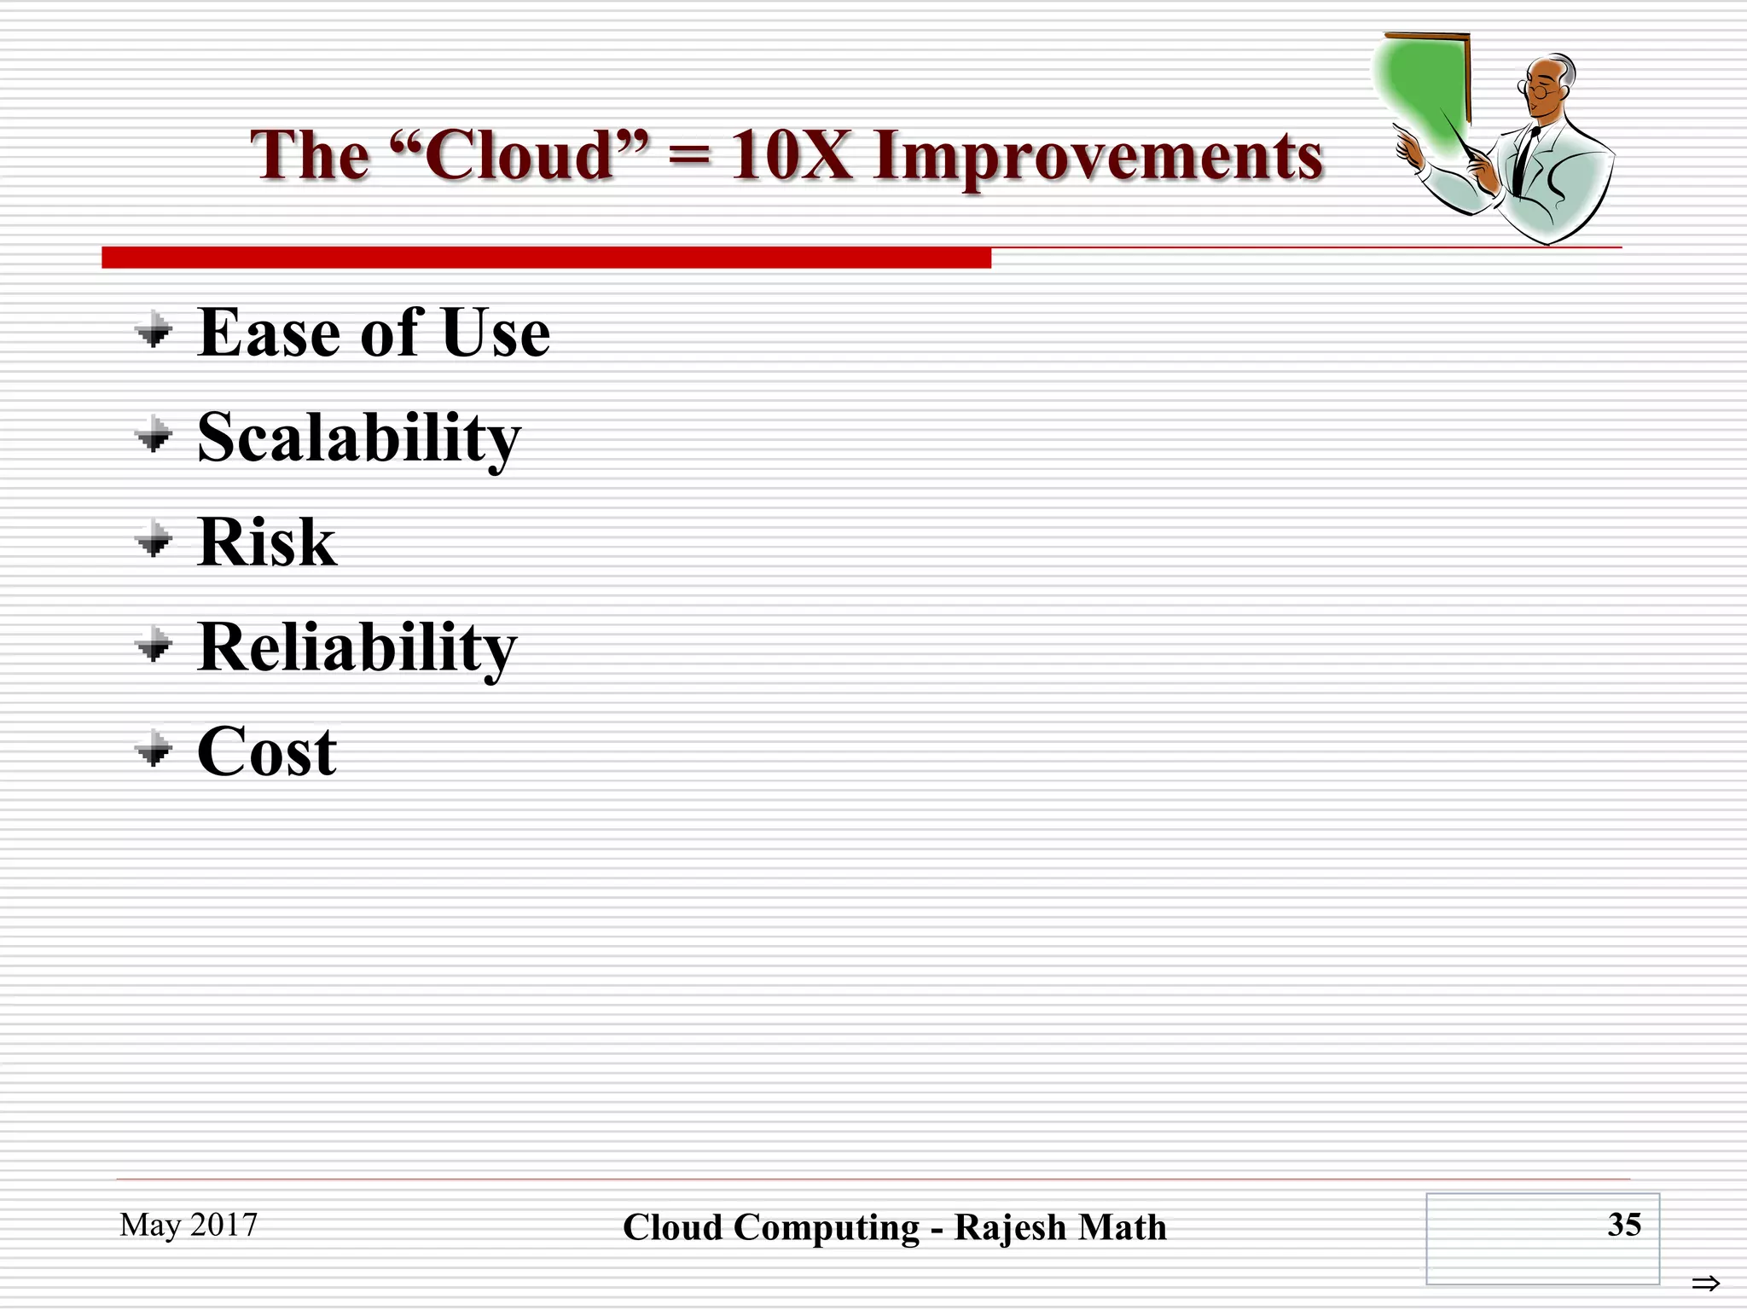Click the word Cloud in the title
[x=520, y=155]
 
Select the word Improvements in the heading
[x=1098, y=157]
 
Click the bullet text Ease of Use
[x=374, y=333]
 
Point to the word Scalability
[x=358, y=438]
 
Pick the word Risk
[x=266, y=542]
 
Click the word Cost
[x=266, y=752]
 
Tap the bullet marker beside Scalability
[x=154, y=436]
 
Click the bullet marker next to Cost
[x=154, y=750]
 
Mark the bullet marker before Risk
[x=154, y=540]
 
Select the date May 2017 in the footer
[x=189, y=1225]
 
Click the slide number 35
[x=1623, y=1225]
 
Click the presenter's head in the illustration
[x=1548, y=85]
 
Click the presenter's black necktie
[x=1522, y=162]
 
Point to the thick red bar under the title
[x=546, y=258]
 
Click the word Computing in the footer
[x=827, y=1228]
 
